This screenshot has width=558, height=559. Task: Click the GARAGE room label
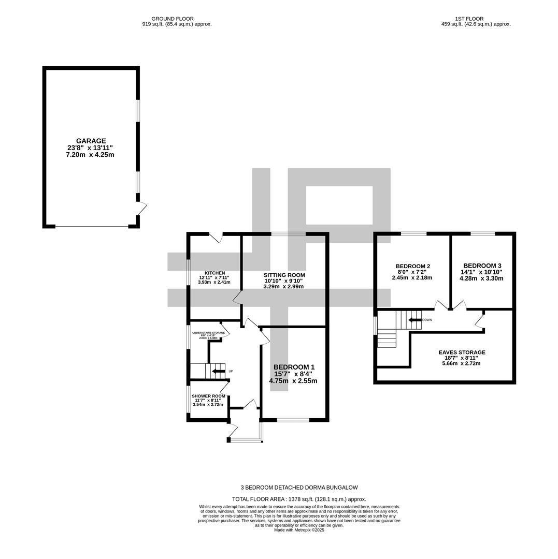(91, 141)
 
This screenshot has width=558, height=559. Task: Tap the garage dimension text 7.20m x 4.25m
(90, 155)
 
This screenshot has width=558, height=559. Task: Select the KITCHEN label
(214, 273)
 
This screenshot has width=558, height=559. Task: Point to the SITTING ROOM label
(284, 275)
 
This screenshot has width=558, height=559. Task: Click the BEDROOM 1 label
(294, 367)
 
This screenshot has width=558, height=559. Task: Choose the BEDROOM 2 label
(412, 266)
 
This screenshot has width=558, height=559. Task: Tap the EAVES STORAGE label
(462, 352)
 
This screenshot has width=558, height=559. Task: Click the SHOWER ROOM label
(208, 396)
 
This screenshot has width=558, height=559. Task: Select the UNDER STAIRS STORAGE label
(208, 333)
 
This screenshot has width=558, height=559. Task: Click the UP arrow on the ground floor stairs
(218, 371)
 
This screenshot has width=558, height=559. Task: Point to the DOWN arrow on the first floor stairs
(414, 320)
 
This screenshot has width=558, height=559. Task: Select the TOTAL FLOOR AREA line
(299, 499)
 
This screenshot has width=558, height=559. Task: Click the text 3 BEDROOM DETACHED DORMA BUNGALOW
(299, 488)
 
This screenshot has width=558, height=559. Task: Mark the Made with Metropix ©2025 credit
(299, 530)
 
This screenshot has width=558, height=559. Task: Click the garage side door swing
(142, 209)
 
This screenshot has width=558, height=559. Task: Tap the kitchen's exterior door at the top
(216, 237)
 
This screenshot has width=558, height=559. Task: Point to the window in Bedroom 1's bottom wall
(293, 420)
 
